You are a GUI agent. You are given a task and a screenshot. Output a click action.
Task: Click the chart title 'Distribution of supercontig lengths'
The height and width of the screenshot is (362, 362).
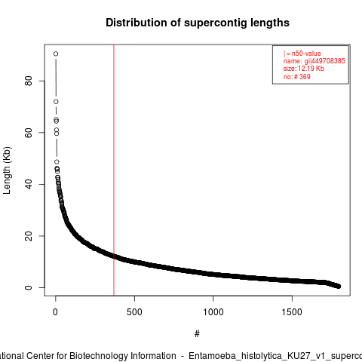pyautogui.click(x=198, y=23)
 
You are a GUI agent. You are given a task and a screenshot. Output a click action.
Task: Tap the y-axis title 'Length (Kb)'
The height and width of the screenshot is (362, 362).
pyautogui.click(x=7, y=170)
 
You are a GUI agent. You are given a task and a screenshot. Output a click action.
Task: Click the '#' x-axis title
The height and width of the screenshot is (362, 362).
pyautogui.click(x=197, y=333)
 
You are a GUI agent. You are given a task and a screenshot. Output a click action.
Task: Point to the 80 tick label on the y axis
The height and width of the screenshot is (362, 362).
pyautogui.click(x=29, y=81)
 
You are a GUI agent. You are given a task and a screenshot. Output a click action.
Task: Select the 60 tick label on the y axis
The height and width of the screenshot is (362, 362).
pyautogui.click(x=29, y=133)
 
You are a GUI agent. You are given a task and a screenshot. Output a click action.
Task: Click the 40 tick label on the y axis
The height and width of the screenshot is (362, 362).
pyautogui.click(x=29, y=184)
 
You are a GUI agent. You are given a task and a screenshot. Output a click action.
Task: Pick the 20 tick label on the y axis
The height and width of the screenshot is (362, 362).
pyautogui.click(x=29, y=236)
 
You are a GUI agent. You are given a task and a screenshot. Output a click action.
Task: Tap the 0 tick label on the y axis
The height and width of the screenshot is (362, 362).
pyautogui.click(x=29, y=287)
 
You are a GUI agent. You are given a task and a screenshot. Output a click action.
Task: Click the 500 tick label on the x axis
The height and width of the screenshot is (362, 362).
pyautogui.click(x=134, y=312)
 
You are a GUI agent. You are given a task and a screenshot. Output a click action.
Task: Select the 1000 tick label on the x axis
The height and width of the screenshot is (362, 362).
pyautogui.click(x=213, y=312)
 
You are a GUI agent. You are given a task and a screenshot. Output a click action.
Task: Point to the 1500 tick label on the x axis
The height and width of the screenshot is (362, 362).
pyautogui.click(x=292, y=312)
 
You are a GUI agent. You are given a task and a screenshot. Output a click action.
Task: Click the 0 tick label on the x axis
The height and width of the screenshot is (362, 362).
pyautogui.click(x=55, y=312)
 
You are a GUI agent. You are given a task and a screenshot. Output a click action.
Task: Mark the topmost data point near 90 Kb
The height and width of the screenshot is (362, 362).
pyautogui.click(x=56, y=54)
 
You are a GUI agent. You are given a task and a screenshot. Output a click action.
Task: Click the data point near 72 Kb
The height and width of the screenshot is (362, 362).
pyautogui.click(x=56, y=102)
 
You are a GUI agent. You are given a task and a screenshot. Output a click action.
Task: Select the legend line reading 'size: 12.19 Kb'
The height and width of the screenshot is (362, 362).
pyautogui.click(x=304, y=69)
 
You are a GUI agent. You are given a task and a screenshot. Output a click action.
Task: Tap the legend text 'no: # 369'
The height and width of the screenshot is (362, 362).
pyautogui.click(x=297, y=76)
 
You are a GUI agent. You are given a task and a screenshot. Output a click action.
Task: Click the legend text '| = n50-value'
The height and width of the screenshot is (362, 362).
pyautogui.click(x=302, y=54)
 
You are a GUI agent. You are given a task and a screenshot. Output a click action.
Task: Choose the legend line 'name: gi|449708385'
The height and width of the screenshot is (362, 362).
pyautogui.click(x=314, y=61)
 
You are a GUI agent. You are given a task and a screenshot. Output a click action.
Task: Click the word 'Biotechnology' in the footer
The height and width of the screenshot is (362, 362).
pyautogui.click(x=123, y=356)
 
